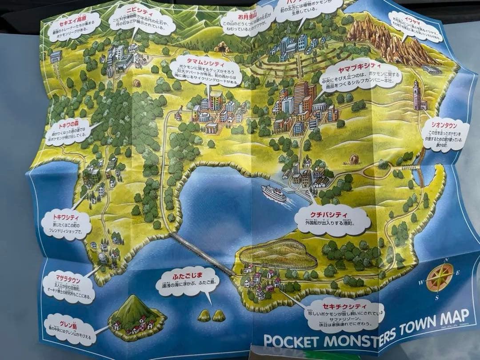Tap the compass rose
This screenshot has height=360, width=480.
pyautogui.click(x=439, y=277)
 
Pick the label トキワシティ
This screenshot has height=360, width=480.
pyautogui.click(x=66, y=217)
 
